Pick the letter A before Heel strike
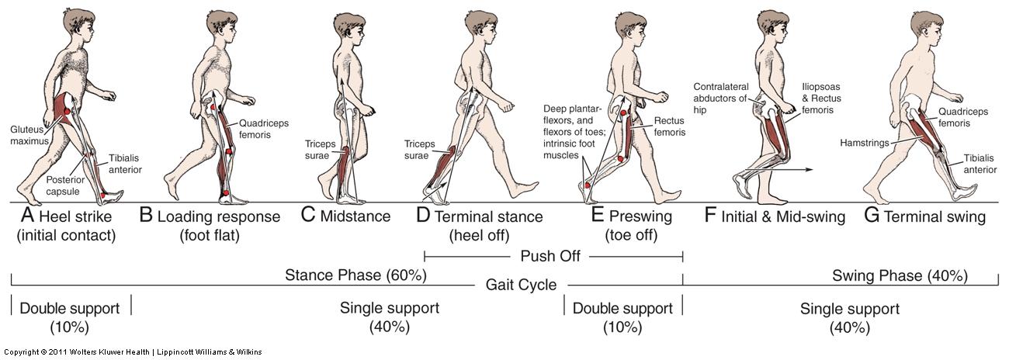click(25, 216)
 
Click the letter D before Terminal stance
click(423, 216)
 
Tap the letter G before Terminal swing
click(872, 216)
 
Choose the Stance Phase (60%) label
click(356, 275)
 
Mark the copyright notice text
click(132, 352)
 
